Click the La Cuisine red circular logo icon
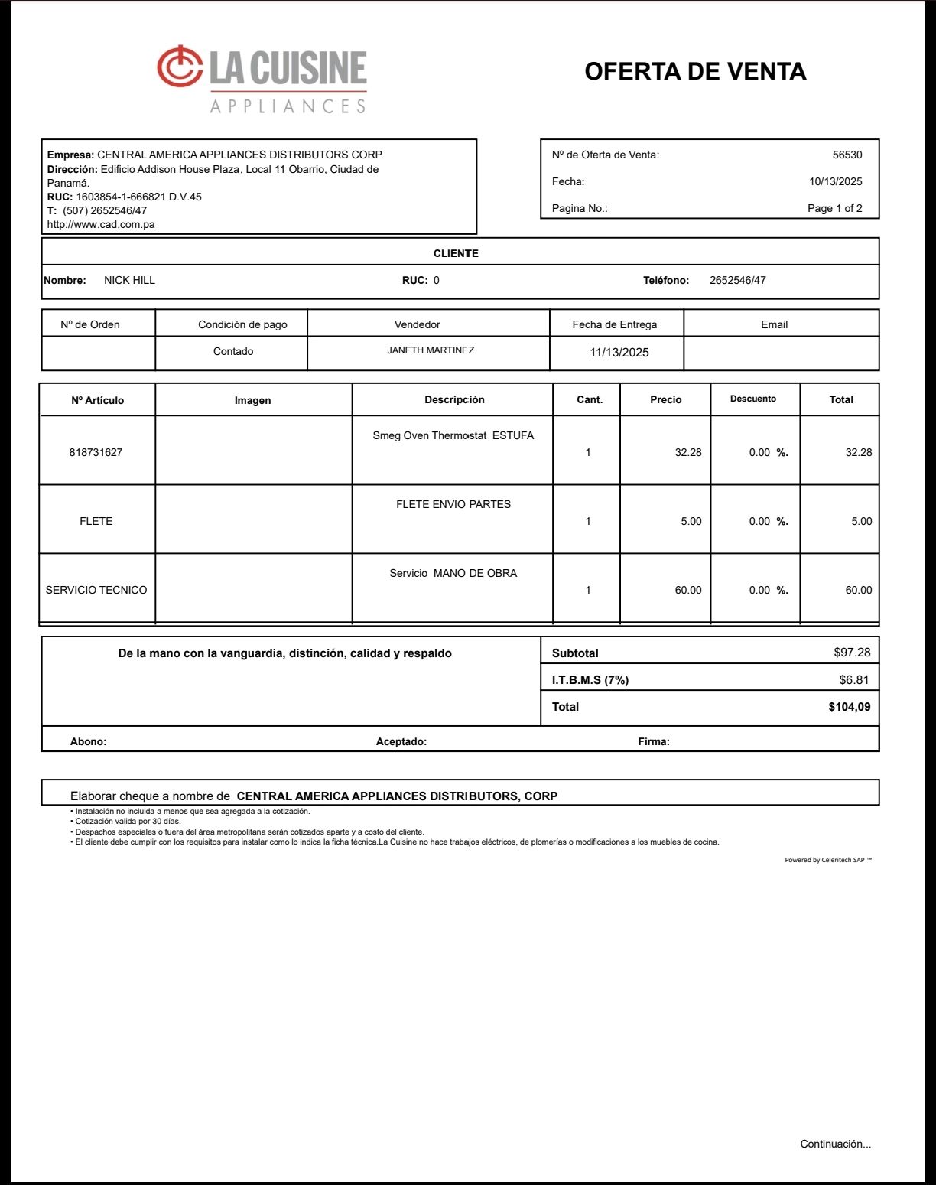(180, 66)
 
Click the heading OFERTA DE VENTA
(695, 71)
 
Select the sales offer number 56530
(847, 155)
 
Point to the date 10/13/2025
(835, 182)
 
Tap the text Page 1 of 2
(834, 209)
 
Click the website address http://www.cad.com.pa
(101, 225)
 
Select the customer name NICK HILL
(129, 281)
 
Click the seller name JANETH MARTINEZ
(431, 350)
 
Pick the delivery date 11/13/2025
(619, 353)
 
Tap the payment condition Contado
(233, 352)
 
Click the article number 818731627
(96, 452)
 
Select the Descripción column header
(454, 399)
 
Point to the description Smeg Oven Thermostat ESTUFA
(453, 436)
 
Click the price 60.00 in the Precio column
(687, 591)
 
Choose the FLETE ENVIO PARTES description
(453, 505)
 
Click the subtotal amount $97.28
(851, 653)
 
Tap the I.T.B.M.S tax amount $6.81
(853, 680)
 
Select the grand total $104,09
(849, 707)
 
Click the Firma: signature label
(654, 741)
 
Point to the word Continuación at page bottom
(835, 1144)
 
